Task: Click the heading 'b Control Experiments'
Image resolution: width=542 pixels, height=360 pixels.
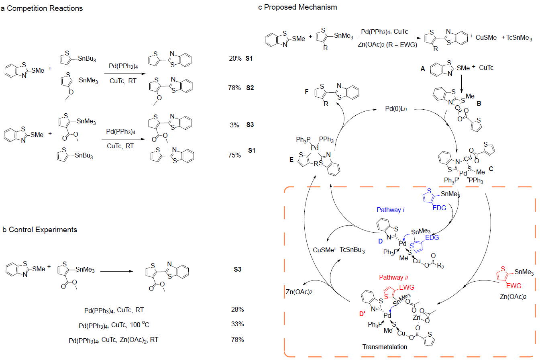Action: pos(40,230)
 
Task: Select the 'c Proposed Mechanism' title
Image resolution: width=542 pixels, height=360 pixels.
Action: pos(298,7)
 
